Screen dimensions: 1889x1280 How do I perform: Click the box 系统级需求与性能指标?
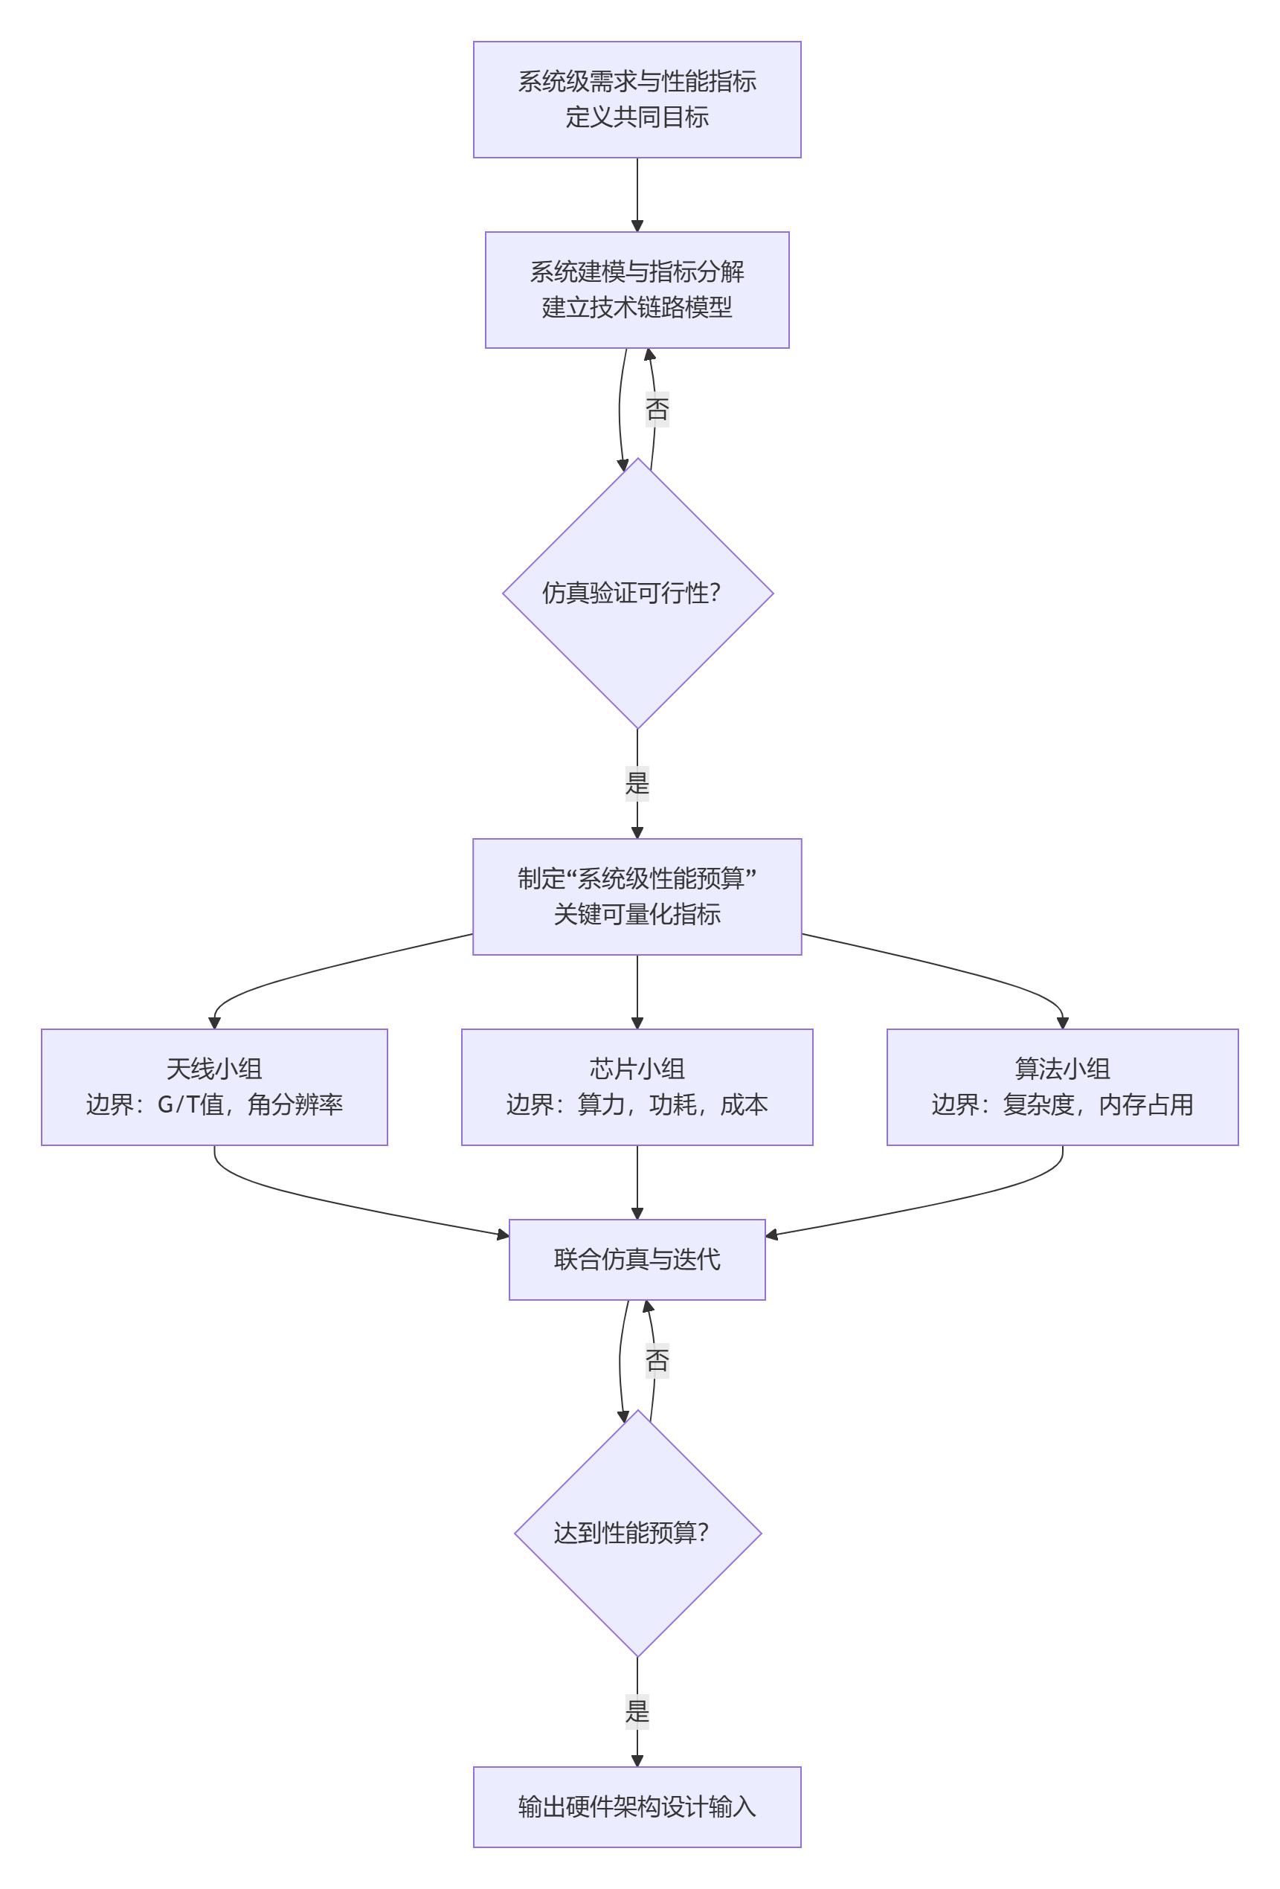point(637,99)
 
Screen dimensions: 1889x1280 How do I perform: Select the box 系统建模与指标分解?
point(637,289)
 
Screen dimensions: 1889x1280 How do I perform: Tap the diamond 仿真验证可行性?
point(637,593)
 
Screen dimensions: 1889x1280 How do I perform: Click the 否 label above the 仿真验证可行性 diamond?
point(657,409)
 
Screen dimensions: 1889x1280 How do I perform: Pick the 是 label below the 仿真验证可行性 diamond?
point(637,784)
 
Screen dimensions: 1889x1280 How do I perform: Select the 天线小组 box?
point(213,1086)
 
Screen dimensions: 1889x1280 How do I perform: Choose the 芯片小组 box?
point(637,1086)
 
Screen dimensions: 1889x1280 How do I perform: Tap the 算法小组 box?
point(1061,1086)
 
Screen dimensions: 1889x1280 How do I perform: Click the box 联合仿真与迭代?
point(637,1259)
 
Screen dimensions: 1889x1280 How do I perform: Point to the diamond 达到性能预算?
point(637,1532)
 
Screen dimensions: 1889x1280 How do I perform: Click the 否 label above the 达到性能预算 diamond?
point(657,1359)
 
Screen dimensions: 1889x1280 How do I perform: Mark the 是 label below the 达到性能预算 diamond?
point(637,1711)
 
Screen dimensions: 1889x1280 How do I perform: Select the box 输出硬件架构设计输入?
point(637,1806)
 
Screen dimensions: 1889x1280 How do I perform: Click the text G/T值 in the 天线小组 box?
point(190,1104)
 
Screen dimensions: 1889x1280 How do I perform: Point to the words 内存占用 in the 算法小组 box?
point(1145,1104)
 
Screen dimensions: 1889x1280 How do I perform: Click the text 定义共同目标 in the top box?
point(637,117)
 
